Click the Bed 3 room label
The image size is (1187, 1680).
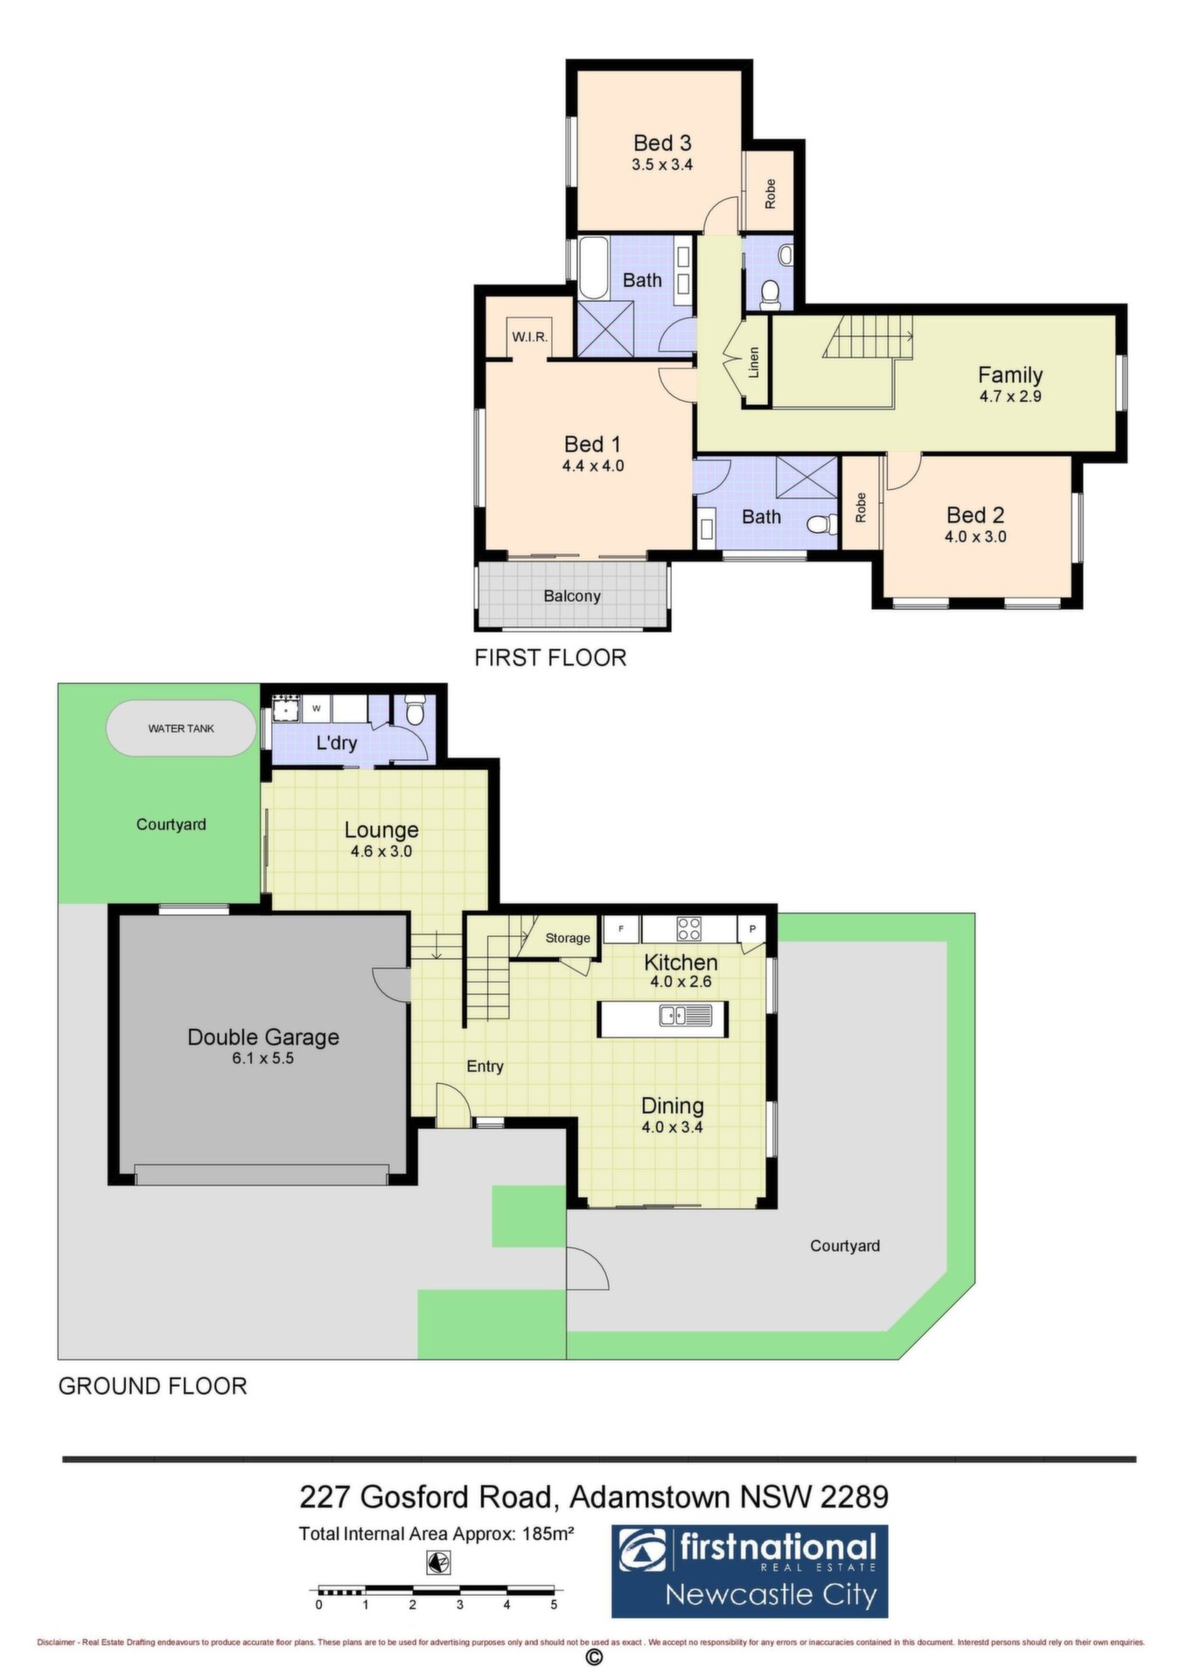point(662,143)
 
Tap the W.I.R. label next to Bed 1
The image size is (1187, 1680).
point(529,337)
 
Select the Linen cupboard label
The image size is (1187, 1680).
point(754,362)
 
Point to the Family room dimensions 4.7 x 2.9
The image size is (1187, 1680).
point(1010,396)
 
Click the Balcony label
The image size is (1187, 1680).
point(572,596)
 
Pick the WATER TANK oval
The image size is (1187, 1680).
point(181,728)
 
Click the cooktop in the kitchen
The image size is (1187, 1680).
point(688,927)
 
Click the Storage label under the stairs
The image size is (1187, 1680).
point(568,938)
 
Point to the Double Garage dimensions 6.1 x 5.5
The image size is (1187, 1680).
point(262,1059)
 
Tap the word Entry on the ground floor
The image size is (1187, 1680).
point(485,1067)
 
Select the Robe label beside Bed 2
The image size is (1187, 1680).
point(861,507)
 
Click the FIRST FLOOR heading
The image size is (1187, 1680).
point(550,658)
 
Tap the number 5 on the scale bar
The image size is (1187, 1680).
point(554,1605)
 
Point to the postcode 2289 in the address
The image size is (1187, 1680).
point(854,1497)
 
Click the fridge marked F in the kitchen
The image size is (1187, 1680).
point(620,928)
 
